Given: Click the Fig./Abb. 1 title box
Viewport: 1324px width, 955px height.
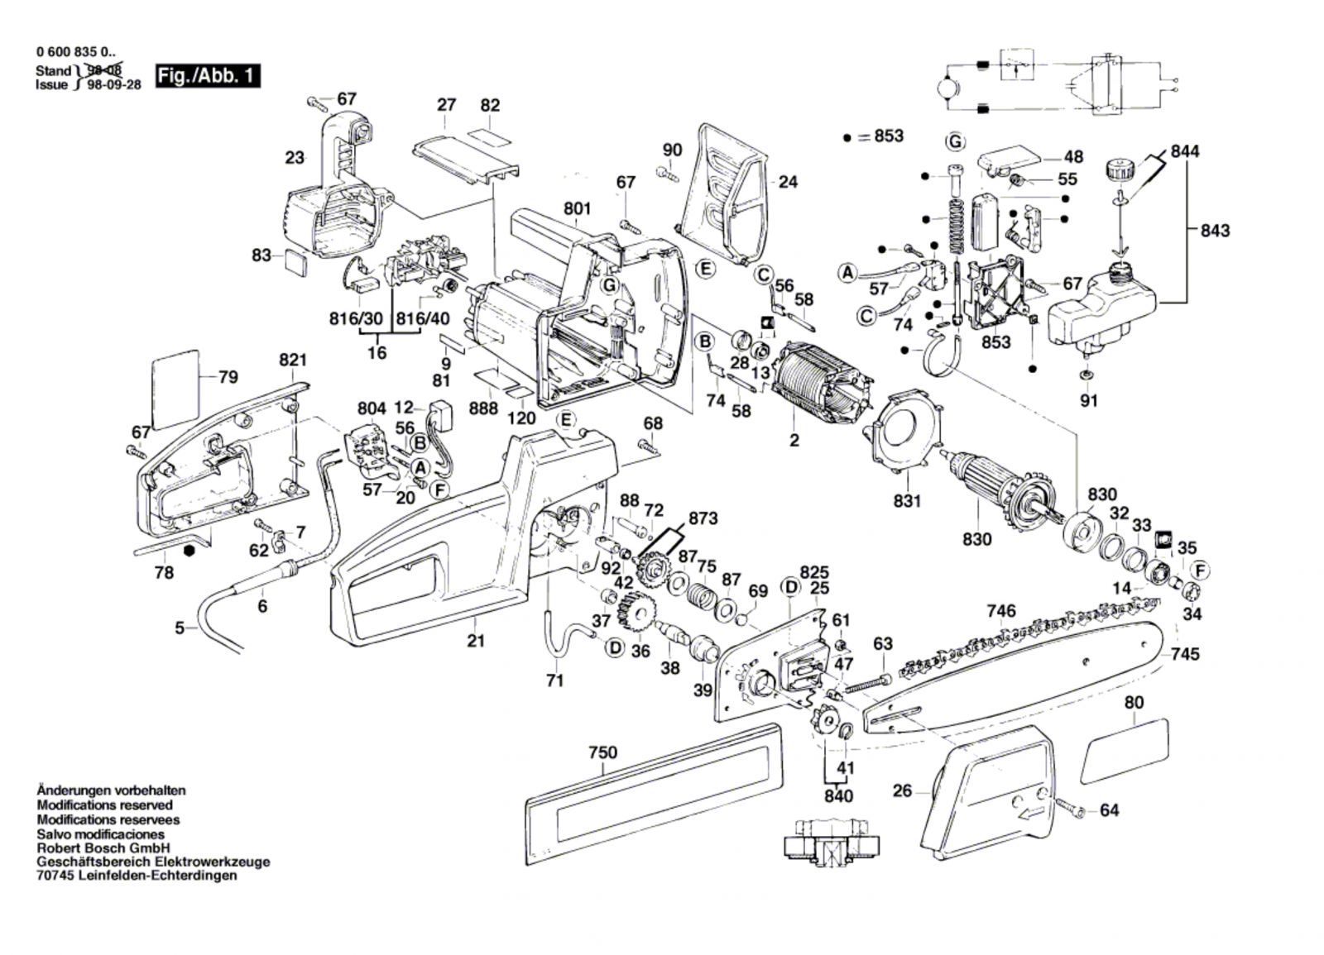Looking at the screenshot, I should pyautogui.click(x=208, y=77).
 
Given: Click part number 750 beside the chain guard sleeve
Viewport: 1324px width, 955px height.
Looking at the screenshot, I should pyautogui.click(x=602, y=752).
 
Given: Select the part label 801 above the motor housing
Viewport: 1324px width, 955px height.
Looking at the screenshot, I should pyautogui.click(x=578, y=209).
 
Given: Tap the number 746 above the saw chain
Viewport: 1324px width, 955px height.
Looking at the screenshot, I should pyautogui.click(x=1001, y=611).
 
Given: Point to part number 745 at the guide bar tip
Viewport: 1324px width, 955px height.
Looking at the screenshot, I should pyautogui.click(x=1185, y=654).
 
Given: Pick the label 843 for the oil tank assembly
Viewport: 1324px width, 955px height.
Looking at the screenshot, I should pyautogui.click(x=1215, y=230).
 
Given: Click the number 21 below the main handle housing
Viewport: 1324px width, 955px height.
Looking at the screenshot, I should pyautogui.click(x=475, y=640).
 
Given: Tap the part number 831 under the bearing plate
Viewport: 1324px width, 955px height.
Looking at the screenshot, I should pyautogui.click(x=908, y=501).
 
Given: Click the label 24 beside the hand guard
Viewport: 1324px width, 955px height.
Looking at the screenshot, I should pyautogui.click(x=788, y=181).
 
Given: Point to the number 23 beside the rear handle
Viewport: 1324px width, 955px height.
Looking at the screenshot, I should pyautogui.click(x=295, y=157).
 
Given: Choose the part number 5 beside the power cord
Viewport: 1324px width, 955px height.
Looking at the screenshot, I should pyautogui.click(x=180, y=628).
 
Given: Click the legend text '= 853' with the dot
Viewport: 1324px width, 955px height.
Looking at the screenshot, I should pyautogui.click(x=880, y=136).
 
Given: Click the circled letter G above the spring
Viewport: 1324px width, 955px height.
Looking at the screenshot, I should pyautogui.click(x=956, y=141).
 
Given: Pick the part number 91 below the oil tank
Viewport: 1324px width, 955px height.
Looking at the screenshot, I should pyautogui.click(x=1089, y=401).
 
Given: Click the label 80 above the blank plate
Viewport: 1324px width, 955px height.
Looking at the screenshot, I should pyautogui.click(x=1134, y=703).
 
